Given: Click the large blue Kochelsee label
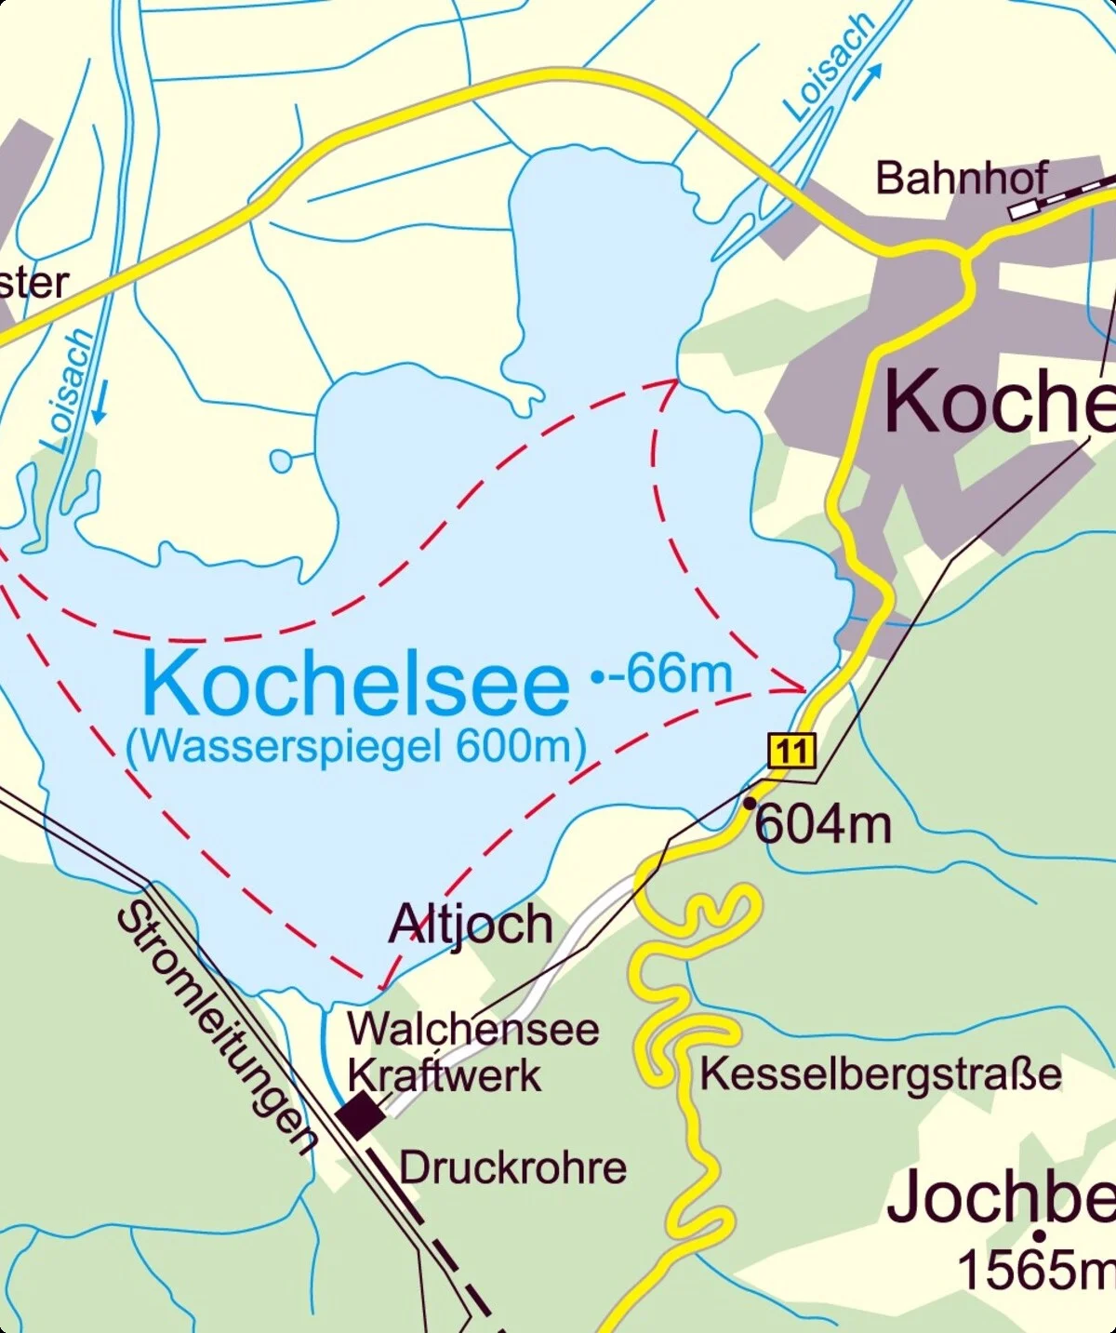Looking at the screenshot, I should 355,685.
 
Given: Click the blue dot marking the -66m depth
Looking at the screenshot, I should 597,677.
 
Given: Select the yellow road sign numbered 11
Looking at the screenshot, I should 791,750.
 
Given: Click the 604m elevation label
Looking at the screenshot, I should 823,824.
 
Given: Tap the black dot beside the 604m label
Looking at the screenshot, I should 750,802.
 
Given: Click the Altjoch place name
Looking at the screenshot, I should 471,925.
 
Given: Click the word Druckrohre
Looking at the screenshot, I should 513,1168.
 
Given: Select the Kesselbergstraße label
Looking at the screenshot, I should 880,1073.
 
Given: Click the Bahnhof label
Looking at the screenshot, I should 962,178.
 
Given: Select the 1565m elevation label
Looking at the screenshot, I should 1034,1270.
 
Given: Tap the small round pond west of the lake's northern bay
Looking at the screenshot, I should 280,460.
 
